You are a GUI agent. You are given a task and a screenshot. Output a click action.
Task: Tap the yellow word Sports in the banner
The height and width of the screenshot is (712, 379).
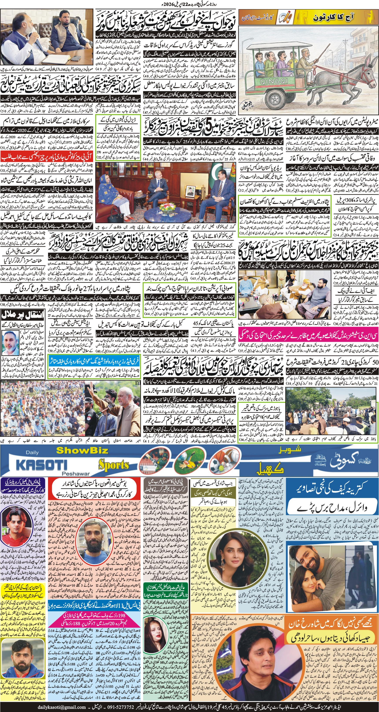tap(113, 466)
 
